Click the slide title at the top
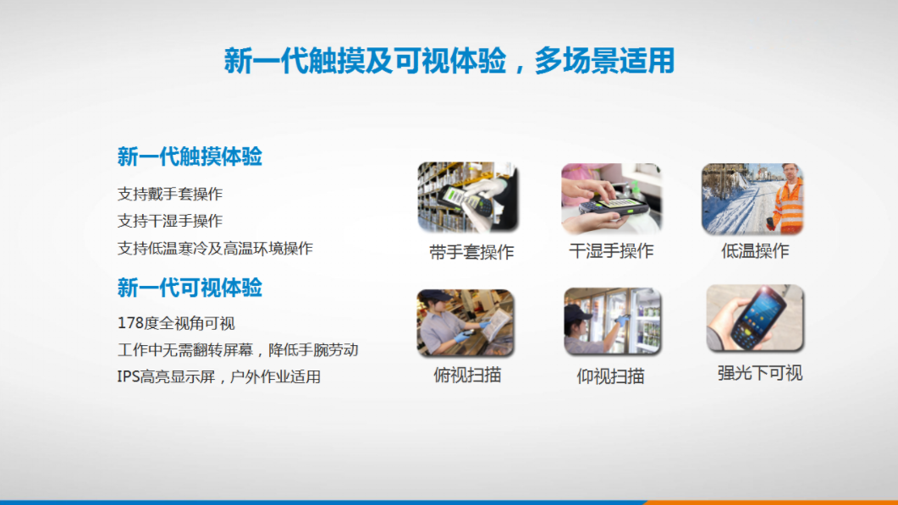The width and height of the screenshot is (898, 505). coord(449,61)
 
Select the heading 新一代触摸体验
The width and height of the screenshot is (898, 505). coord(190,156)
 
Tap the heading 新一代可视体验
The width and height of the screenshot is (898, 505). coord(190,288)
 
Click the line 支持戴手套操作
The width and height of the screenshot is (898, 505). coord(169,194)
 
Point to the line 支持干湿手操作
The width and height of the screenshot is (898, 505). coord(169,221)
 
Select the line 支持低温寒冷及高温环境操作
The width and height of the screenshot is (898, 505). coord(215,248)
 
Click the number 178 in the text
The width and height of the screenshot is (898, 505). coord(130,323)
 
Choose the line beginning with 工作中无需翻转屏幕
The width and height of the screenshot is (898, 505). coord(238,350)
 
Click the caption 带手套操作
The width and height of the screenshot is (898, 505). coord(471,252)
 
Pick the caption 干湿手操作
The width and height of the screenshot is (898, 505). coord(611,250)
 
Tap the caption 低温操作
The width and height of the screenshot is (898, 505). coord(755,250)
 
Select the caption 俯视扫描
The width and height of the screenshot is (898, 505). coord(467,375)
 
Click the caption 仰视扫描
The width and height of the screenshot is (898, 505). coord(610,376)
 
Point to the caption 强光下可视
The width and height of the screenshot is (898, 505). coord(759,373)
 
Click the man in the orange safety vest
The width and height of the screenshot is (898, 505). coord(788,198)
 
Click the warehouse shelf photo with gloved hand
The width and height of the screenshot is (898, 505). coord(468,197)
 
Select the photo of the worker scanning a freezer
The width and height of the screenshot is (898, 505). coord(612,321)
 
